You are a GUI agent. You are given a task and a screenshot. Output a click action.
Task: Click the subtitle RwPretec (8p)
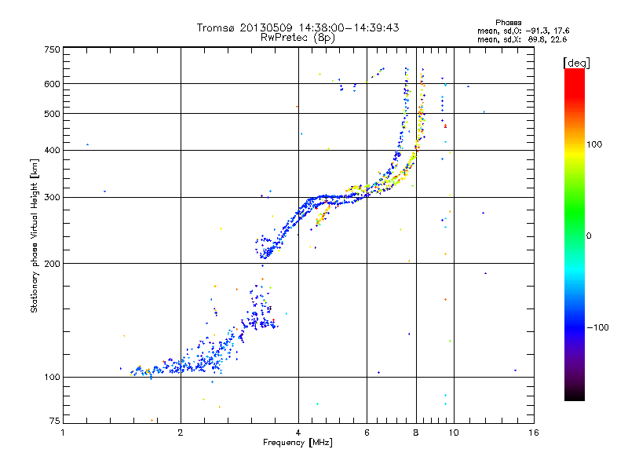[298, 38]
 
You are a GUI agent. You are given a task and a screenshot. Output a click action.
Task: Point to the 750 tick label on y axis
[52, 49]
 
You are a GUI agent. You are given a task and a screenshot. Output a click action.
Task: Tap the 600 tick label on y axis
[52, 84]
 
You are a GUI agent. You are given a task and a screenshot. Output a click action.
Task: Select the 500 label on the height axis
[52, 114]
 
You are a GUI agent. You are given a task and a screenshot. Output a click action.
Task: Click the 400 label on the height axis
[52, 150]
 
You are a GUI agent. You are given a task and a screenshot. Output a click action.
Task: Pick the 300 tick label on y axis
[52, 197]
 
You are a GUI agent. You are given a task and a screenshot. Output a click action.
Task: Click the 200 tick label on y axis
[52, 264]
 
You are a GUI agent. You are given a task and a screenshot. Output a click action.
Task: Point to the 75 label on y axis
[55, 421]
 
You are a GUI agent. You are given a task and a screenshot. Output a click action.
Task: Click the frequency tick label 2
[181, 433]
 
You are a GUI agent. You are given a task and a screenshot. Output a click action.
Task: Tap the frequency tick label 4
[298, 433]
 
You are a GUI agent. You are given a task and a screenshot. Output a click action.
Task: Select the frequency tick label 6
[367, 433]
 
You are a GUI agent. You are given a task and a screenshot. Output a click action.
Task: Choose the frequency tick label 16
[534, 433]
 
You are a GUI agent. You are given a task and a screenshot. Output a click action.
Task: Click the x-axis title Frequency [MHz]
[298, 443]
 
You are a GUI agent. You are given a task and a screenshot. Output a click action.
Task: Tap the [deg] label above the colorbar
[576, 63]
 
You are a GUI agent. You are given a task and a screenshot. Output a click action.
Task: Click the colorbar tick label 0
[589, 235]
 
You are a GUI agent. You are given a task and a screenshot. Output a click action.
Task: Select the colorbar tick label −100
[597, 327]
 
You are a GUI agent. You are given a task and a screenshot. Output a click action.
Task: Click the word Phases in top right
[508, 23]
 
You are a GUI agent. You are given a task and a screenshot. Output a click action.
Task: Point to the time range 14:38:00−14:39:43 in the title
[349, 27]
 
